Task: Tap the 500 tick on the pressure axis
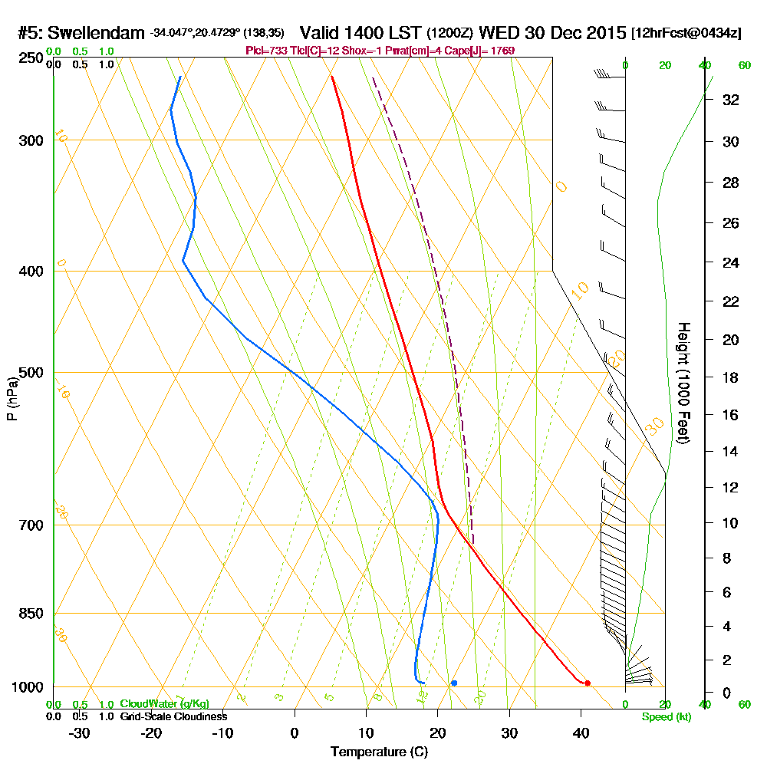[28, 373]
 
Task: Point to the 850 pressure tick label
[28, 614]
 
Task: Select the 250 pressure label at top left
[28, 58]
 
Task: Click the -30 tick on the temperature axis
[80, 732]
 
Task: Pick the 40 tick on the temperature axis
[581, 732]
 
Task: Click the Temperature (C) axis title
[379, 752]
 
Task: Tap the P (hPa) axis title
[12, 399]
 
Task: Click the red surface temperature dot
[588, 683]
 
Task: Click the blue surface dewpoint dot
[454, 683]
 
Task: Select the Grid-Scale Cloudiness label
[173, 716]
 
